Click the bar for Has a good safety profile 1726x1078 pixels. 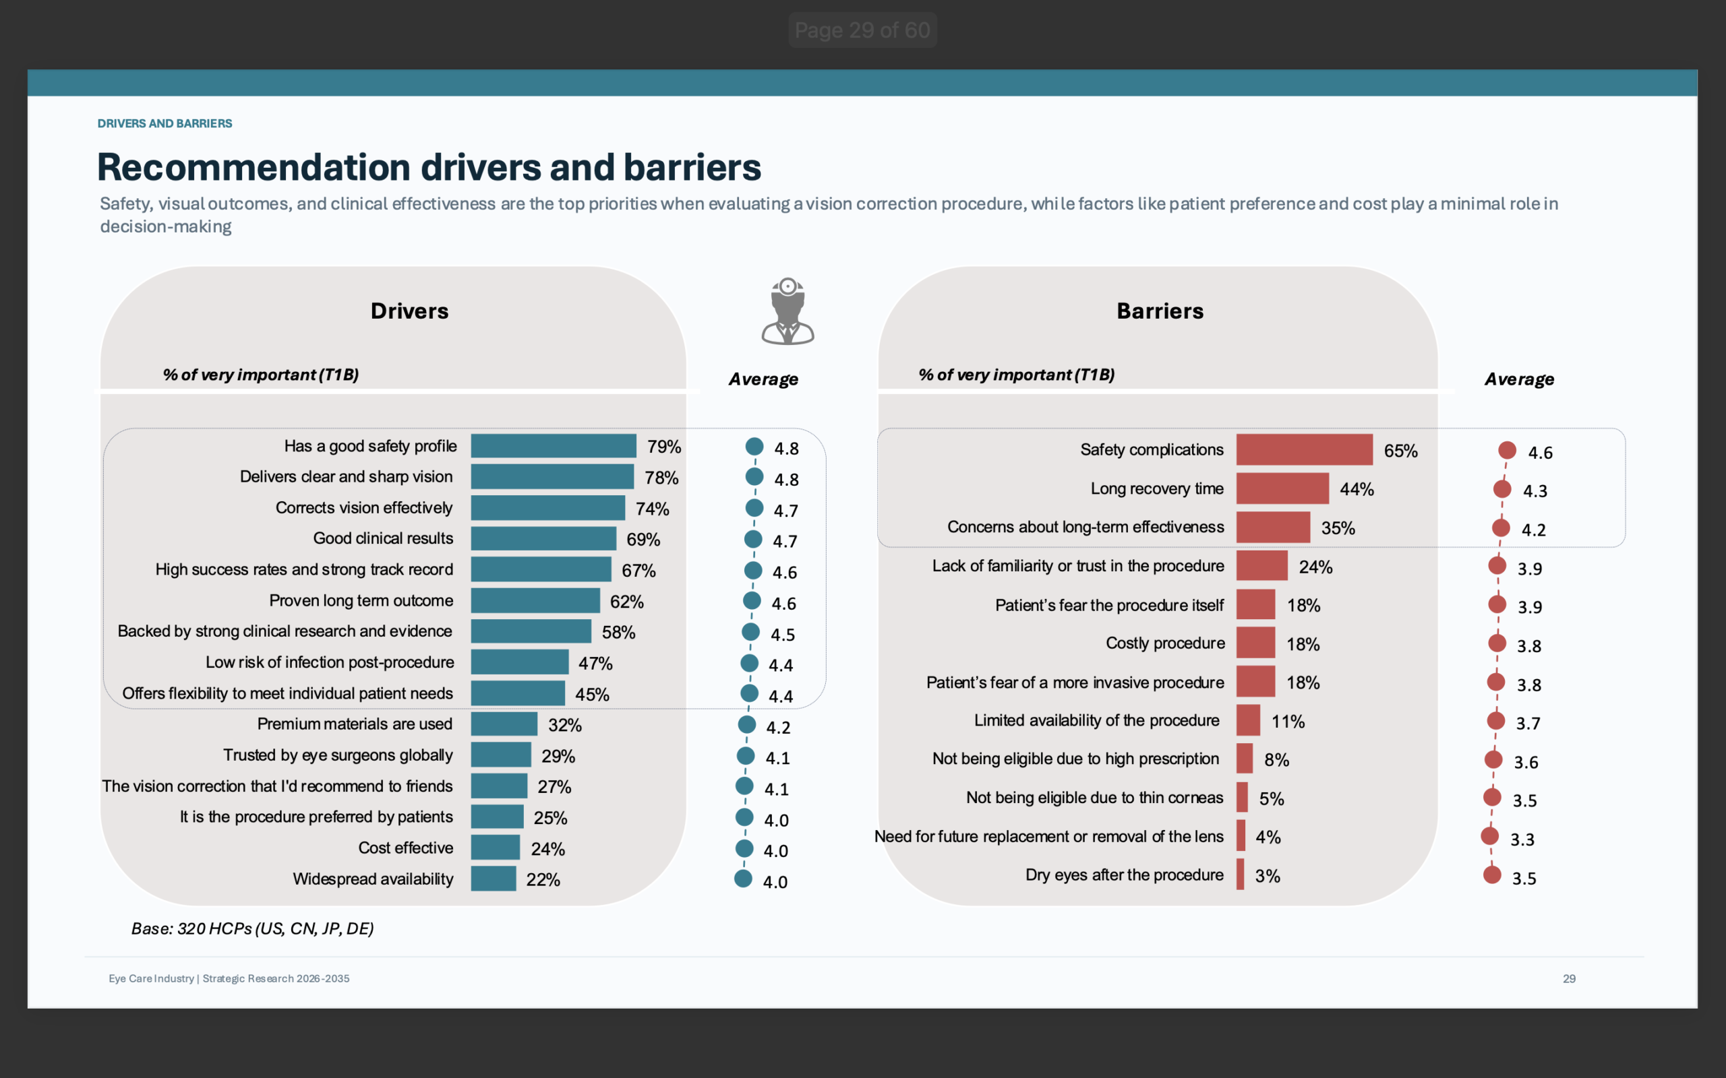[x=554, y=445]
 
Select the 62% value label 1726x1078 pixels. [x=627, y=602]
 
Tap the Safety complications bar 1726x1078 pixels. [x=1305, y=449]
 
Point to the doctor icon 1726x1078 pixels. [x=787, y=311]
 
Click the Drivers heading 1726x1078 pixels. [x=409, y=311]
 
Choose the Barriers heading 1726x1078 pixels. [x=1160, y=311]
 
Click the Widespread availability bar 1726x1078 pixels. [x=494, y=879]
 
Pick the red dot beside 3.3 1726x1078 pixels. [x=1490, y=835]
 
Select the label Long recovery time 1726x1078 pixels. [x=1157, y=488]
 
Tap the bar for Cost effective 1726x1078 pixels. [x=496, y=848]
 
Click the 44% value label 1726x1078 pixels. [x=1357, y=489]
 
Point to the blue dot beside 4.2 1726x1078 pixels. [x=747, y=724]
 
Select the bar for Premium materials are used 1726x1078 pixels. [x=504, y=724]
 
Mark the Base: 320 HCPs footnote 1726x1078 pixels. [x=252, y=928]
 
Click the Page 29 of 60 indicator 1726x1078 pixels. [x=862, y=30]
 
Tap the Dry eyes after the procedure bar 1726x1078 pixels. [x=1241, y=874]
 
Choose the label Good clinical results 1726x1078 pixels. [x=383, y=538]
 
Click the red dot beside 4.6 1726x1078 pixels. [x=1507, y=450]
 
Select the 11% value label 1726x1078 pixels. [x=1288, y=722]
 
